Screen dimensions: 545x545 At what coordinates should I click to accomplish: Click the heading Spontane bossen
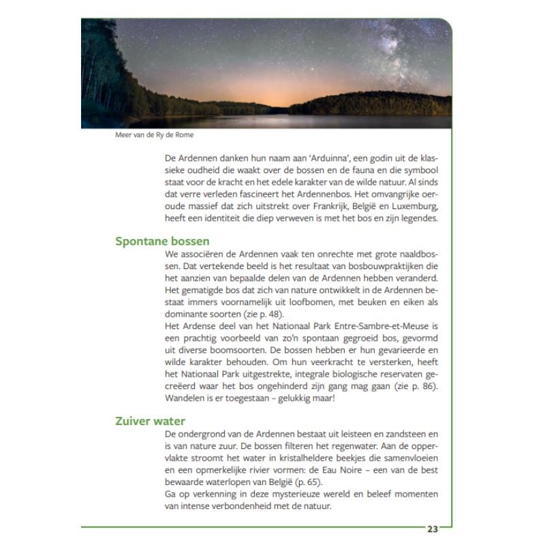tap(162, 241)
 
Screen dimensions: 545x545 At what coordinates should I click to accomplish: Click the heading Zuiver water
tap(150, 421)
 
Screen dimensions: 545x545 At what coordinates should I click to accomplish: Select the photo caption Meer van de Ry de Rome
tap(155, 135)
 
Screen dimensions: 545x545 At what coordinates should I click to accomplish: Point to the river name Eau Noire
tap(356, 469)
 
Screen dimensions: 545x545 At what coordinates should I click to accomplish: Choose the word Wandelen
tap(187, 398)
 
